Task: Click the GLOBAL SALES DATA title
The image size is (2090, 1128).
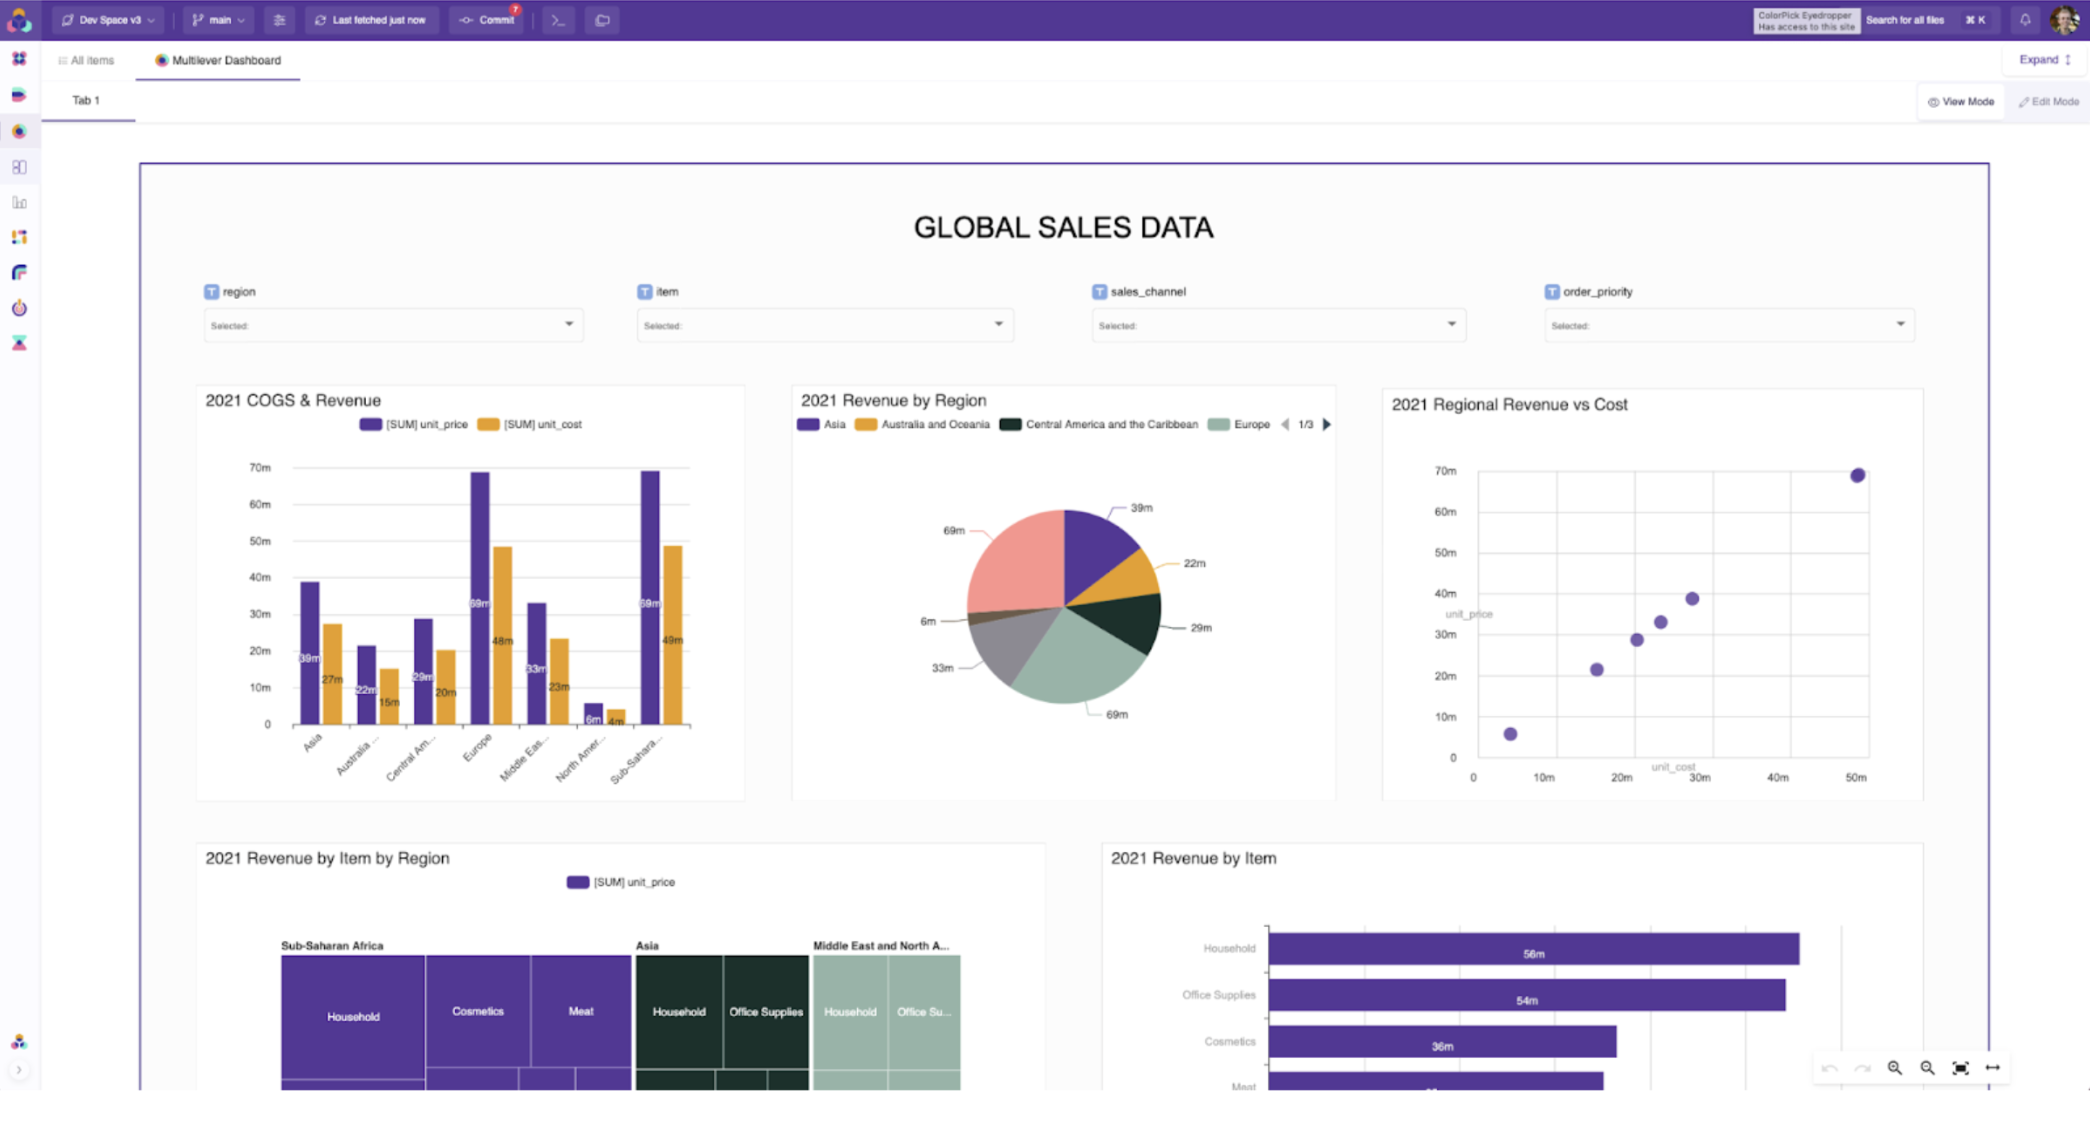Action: point(1063,228)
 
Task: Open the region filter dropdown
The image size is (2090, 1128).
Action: point(392,325)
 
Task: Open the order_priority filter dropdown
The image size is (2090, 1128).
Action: point(1728,325)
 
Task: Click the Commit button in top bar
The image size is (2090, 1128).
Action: point(487,20)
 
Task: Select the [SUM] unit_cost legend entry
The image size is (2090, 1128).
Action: point(530,424)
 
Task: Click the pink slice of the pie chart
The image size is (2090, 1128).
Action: point(1015,560)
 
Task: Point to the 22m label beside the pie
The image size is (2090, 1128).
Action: point(1194,563)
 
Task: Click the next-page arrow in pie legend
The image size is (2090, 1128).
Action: point(1327,424)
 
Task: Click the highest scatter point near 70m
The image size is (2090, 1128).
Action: point(1857,475)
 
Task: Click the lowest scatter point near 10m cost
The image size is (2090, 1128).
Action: point(1510,734)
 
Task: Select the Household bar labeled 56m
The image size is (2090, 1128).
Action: point(1533,949)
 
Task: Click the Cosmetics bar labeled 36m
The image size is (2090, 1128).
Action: point(1441,1042)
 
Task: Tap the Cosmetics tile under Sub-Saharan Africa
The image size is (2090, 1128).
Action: point(478,1011)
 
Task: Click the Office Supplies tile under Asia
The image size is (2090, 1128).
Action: point(766,1011)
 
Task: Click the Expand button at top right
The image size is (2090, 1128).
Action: point(2044,60)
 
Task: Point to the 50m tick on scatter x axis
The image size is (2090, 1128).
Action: point(1855,777)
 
